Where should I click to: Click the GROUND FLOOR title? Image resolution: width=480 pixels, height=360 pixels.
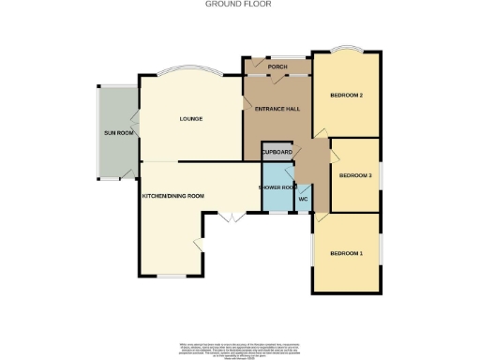tap(239, 4)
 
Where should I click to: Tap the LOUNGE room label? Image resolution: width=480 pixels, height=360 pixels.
tap(191, 119)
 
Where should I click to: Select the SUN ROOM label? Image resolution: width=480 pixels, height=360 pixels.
tap(118, 133)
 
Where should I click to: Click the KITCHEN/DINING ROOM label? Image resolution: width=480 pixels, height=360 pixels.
tap(172, 196)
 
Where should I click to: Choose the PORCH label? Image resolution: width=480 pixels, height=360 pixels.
tap(277, 67)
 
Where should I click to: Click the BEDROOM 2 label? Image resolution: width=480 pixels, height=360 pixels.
tap(346, 96)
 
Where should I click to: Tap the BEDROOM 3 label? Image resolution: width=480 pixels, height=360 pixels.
tap(356, 175)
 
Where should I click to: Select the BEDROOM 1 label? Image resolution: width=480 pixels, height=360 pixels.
tap(346, 253)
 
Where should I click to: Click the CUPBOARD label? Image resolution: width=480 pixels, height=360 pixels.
tap(277, 152)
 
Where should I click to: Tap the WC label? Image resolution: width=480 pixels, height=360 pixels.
tap(304, 199)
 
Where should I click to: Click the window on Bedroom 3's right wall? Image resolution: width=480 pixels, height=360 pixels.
tap(381, 176)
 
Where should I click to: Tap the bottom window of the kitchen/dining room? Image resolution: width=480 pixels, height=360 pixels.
tap(171, 276)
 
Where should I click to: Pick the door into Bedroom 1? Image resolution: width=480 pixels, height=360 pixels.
tap(321, 217)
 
